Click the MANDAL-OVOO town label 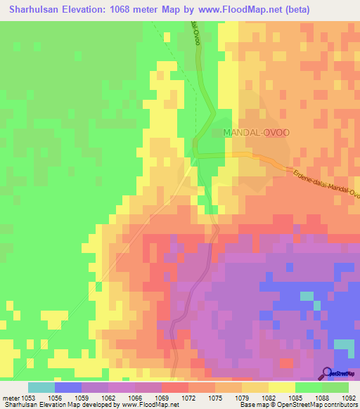click(x=255, y=131)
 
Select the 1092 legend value click(x=349, y=398)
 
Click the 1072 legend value click(x=188, y=398)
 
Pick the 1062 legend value click(x=108, y=398)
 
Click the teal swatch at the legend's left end click(x=41, y=387)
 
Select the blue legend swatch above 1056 click(x=67, y=387)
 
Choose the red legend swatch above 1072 click(x=174, y=387)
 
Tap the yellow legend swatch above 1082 click(x=255, y=387)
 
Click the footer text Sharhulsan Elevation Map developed click(x=49, y=405)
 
